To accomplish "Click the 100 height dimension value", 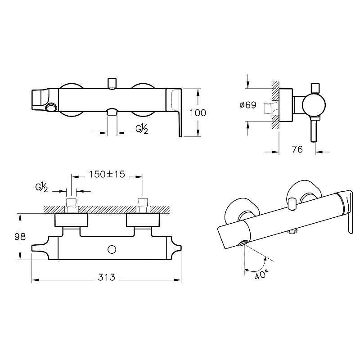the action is tap(198, 113).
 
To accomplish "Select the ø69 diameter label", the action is tap(248, 105).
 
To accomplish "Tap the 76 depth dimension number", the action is tap(297, 149).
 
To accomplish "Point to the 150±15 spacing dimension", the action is tap(107, 174).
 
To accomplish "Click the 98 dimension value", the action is tap(20, 237).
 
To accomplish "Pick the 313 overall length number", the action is tap(106, 277).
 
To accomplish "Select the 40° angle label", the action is tap(261, 274).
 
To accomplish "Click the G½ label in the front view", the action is tap(142, 129).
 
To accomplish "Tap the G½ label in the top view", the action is tap(41, 187).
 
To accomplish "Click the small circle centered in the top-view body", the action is tap(112, 249).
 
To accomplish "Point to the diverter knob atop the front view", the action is tap(112, 83).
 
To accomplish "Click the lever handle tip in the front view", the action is tap(180, 135).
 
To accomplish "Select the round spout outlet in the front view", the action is tap(51, 107).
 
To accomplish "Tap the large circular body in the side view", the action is tap(314, 105).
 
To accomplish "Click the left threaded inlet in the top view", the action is tap(71, 206).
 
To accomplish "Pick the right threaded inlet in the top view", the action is tap(143, 206).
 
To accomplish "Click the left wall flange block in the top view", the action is tap(71, 220).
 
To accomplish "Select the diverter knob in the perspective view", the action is tap(292, 203).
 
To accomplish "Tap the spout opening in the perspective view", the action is tap(243, 243).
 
